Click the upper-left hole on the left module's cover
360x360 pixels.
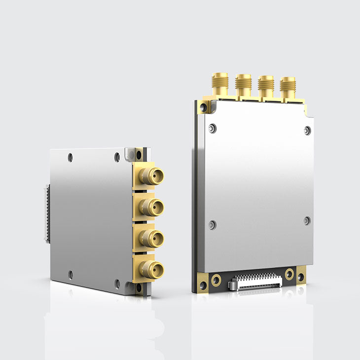pyautogui.click(x=71, y=157)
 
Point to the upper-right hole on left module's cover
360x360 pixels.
pyautogui.click(x=117, y=157)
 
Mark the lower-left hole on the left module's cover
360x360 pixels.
pyautogui.click(x=71, y=274)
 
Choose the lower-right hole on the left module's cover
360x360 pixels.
pyautogui.click(x=117, y=283)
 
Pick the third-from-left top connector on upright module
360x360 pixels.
pyautogui.click(x=266, y=86)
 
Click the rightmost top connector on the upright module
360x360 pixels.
pyautogui.click(x=288, y=87)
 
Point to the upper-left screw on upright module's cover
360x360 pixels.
pyautogui.click(x=212, y=128)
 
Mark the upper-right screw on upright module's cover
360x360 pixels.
pyautogui.click(x=307, y=130)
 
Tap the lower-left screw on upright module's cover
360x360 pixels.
pyautogui.click(x=212, y=225)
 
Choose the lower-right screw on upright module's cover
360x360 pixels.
pyautogui.click(x=307, y=220)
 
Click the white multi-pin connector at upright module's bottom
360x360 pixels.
pyautogui.click(x=255, y=283)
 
